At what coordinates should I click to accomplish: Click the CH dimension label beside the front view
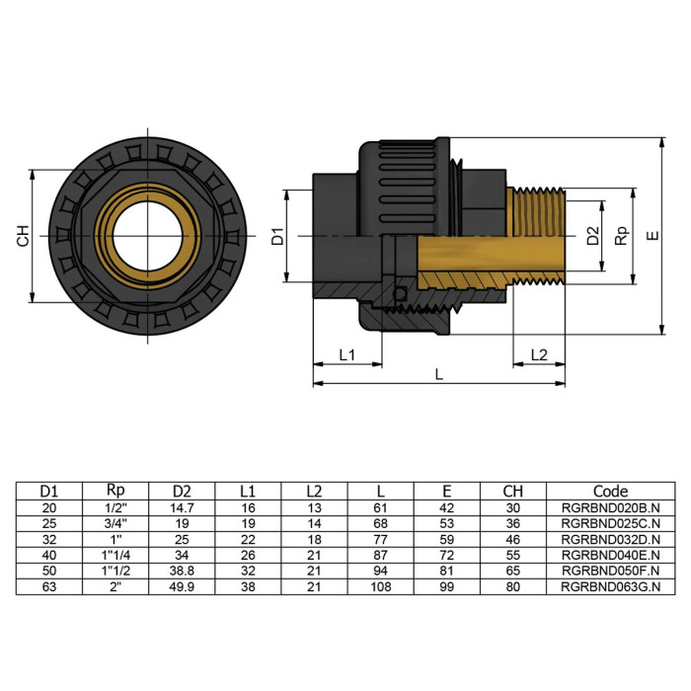[x=23, y=237]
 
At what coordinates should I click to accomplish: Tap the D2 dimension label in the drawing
[x=592, y=237]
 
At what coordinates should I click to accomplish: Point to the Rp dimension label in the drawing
[x=621, y=237]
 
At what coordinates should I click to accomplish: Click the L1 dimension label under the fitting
[x=347, y=354]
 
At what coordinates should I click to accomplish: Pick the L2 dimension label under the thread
[x=539, y=354]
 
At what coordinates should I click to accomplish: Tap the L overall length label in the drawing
[x=439, y=376]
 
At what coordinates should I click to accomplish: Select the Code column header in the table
[x=610, y=491]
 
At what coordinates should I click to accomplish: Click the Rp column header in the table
[x=115, y=491]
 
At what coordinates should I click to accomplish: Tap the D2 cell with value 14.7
[x=182, y=507]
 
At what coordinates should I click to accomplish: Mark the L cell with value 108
[x=380, y=587]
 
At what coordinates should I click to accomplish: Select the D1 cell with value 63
[x=48, y=587]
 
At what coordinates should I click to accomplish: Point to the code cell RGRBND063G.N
[x=610, y=587]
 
